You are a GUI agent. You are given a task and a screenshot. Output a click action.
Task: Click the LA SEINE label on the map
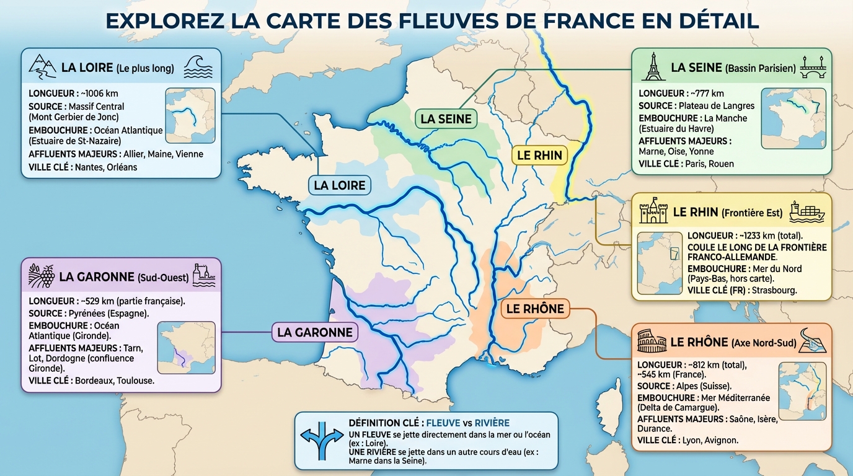click(x=446, y=118)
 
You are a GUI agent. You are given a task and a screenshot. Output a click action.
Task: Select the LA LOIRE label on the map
click(x=339, y=185)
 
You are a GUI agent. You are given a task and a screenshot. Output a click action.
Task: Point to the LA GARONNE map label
click(x=314, y=332)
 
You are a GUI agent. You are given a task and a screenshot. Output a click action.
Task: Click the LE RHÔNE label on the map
click(x=534, y=309)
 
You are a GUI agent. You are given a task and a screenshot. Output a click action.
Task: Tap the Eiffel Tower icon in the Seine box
click(x=652, y=67)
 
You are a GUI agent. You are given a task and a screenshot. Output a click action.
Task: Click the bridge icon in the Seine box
click(x=812, y=67)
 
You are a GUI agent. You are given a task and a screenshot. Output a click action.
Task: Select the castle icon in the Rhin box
click(x=653, y=212)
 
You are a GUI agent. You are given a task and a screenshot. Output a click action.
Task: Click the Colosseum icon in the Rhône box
click(x=651, y=342)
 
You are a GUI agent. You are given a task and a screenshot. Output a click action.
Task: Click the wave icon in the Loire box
click(x=198, y=67)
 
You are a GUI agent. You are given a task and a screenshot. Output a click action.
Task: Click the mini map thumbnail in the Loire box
click(x=190, y=116)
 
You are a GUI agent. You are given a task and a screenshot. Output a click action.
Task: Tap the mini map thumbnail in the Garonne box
click(x=186, y=348)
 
